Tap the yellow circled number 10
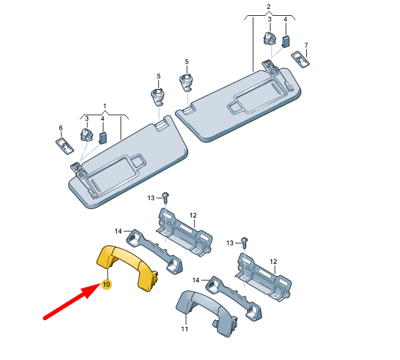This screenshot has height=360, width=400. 106,284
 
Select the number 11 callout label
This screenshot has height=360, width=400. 184,329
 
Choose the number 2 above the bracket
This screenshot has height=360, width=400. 269,7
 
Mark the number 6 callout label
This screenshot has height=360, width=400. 60,128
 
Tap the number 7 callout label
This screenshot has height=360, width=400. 306,45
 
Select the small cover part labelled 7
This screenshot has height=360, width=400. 301,59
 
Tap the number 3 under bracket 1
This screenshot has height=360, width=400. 87,119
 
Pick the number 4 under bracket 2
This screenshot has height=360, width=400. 285,19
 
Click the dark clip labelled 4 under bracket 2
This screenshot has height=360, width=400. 285,40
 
